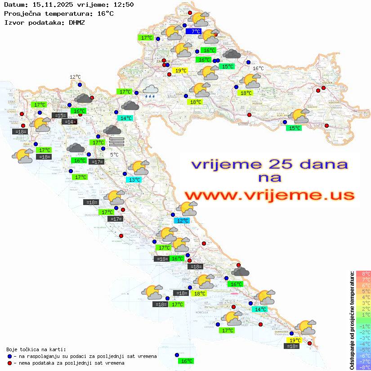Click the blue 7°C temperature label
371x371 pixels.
[x=196, y=31]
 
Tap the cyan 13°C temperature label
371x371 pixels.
[x=134, y=180]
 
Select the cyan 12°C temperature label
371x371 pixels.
[x=182, y=221]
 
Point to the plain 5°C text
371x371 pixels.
[x=114, y=155]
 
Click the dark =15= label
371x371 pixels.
[x=60, y=116]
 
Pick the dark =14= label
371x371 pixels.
[x=69, y=122]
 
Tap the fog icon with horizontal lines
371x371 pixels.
[x=116, y=142]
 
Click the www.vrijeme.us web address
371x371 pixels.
[x=269, y=196]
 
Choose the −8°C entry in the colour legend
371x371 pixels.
[x=363, y=367]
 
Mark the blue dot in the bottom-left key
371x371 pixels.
[x=10, y=356]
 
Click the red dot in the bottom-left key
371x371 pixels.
[x=10, y=363]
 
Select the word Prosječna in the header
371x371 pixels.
[x=22, y=13]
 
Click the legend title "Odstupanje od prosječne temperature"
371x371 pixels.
[x=352, y=320]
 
